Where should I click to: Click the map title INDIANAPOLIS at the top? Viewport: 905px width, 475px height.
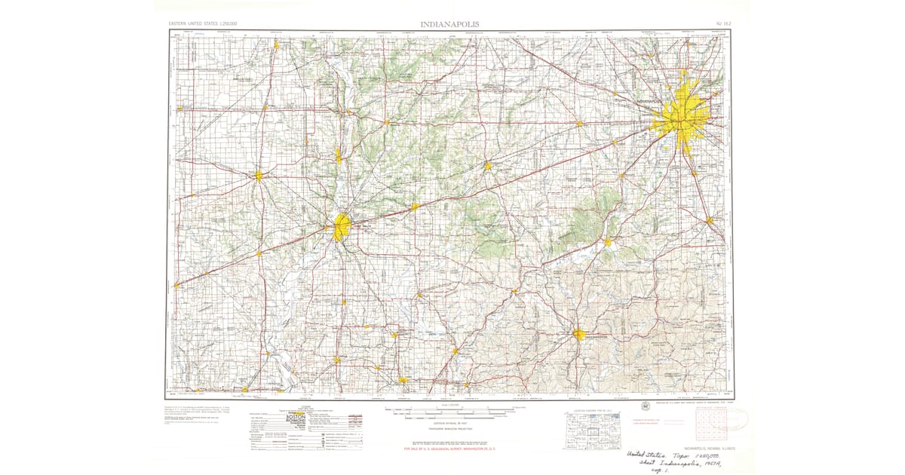click(x=452, y=24)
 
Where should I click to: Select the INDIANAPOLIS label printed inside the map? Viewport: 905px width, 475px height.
click(x=635, y=100)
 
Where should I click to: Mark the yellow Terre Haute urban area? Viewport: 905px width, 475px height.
click(x=341, y=225)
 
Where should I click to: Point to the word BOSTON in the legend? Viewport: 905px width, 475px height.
click(x=297, y=416)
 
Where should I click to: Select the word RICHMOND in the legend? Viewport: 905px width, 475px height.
click(x=297, y=422)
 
